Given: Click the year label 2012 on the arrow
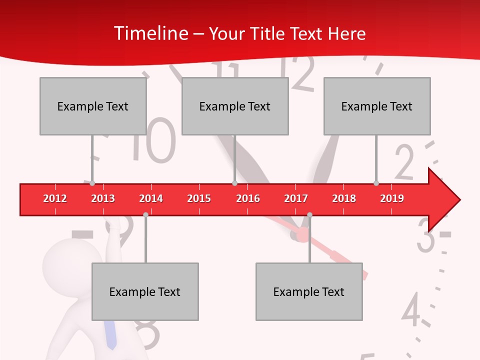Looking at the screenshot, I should pyautogui.click(x=55, y=198).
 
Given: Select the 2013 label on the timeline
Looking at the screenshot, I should pyautogui.click(x=103, y=198).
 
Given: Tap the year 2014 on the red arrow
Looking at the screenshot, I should pyautogui.click(x=151, y=198).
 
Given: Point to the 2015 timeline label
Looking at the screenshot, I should pyautogui.click(x=199, y=198).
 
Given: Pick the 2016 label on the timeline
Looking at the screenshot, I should pyautogui.click(x=248, y=198).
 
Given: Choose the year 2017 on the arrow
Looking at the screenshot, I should pyautogui.click(x=296, y=198).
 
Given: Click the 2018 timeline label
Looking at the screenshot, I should pyautogui.click(x=344, y=198).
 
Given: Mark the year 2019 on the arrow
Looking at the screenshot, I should pyautogui.click(x=392, y=198).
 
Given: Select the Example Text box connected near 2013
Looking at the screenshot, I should pyautogui.click(x=93, y=106).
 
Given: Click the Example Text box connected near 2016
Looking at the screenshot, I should pyautogui.click(x=235, y=106).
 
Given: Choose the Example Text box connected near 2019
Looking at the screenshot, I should pyautogui.click(x=377, y=106).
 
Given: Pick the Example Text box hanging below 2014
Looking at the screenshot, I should pyautogui.click(x=145, y=291).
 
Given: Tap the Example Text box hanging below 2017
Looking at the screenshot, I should pyautogui.click(x=309, y=291).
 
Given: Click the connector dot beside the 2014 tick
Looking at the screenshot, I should pyautogui.click(x=145, y=214).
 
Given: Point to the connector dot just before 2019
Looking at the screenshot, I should pyautogui.click(x=376, y=183).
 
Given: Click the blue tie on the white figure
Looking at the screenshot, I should pyautogui.click(x=111, y=335).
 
